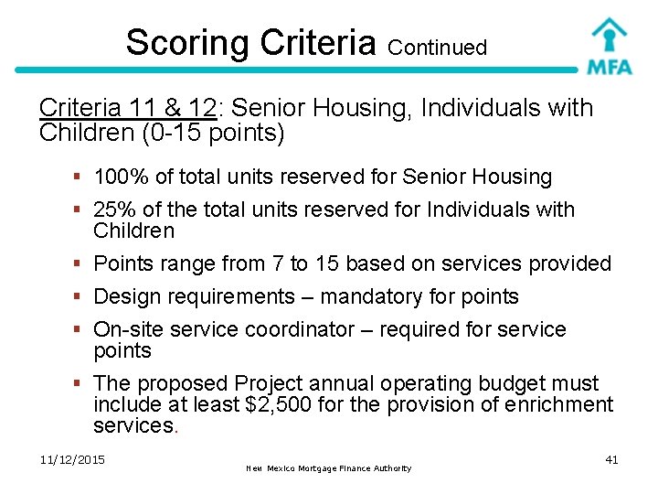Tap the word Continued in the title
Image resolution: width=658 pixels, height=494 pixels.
[437, 48]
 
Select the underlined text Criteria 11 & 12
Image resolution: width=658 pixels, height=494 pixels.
[127, 108]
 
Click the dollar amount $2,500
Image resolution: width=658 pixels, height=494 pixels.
[280, 404]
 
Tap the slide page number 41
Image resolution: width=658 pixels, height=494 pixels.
[611, 459]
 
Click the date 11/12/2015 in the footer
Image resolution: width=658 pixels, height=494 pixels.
[72, 459]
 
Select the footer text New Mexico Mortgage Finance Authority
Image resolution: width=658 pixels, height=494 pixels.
[328, 468]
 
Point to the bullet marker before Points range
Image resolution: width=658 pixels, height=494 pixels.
[82, 264]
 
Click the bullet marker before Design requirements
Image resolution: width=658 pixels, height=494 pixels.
[82, 297]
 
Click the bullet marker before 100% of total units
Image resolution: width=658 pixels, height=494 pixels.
[82, 177]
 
